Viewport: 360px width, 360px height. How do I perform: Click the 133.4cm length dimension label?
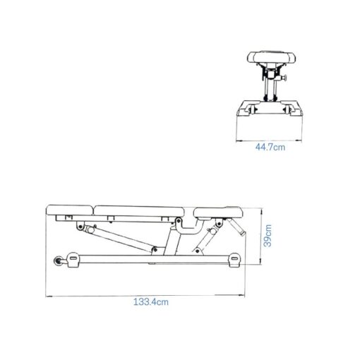coord(151,301)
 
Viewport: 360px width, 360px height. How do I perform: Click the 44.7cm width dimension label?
coord(270,148)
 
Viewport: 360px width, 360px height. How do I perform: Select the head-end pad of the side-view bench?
coord(69,209)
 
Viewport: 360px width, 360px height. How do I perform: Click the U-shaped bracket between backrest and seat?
coord(186,226)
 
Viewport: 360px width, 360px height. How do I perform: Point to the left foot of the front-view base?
coord(246,109)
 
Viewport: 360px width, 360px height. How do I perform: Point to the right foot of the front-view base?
coord(293,109)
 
